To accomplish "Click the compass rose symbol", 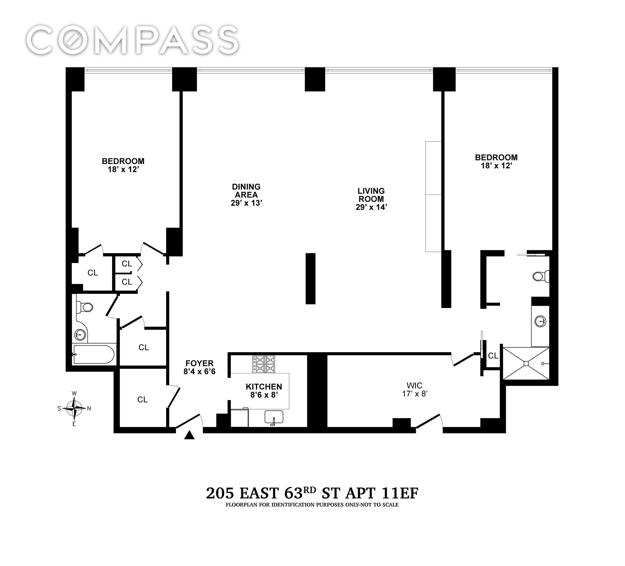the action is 74,408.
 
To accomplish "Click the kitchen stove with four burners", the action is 264,364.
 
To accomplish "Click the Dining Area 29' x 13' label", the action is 246,195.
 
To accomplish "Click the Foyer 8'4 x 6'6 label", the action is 199,367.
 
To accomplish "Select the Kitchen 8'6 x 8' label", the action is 264,391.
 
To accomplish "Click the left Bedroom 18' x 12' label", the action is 123,165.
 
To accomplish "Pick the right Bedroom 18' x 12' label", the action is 496,161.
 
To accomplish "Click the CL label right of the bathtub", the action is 144,347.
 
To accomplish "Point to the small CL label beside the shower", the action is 493,356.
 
